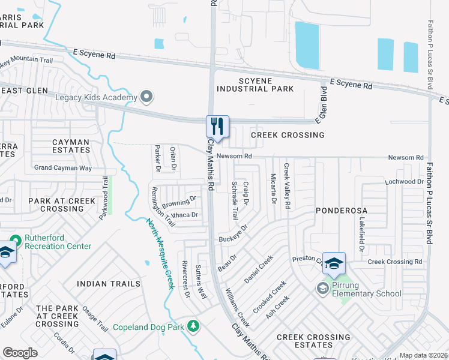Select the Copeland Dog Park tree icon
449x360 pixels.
tap(193, 326)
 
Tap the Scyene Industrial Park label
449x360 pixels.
tap(255, 85)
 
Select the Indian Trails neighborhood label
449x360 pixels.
tap(109, 284)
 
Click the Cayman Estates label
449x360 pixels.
tap(62, 147)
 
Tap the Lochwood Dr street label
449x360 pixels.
tap(405, 181)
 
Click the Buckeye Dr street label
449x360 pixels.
tap(234, 234)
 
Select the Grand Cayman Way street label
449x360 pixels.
tap(62, 168)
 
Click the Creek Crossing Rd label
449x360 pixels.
tap(394, 262)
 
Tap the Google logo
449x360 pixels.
tap(20, 353)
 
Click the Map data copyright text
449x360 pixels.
tap(423, 355)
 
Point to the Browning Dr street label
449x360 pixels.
tap(179, 201)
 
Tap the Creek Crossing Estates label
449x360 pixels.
tap(313, 342)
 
